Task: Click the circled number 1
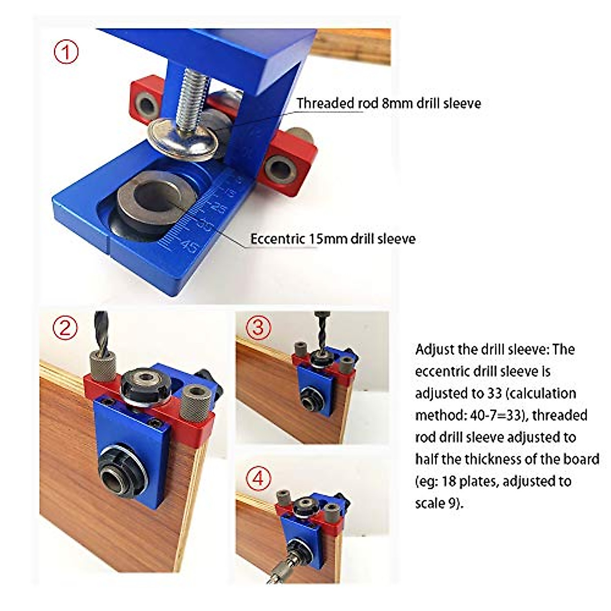tap(66, 52)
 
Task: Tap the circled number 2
tap(66, 328)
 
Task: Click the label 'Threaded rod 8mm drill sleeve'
tap(388, 103)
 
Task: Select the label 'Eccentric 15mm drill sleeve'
tap(333, 238)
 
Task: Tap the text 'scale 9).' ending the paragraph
tap(439, 503)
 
